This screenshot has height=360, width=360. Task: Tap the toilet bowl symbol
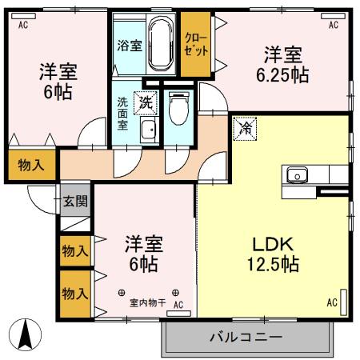178,108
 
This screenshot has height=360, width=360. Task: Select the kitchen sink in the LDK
297,174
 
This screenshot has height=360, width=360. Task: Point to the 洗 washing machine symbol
146,102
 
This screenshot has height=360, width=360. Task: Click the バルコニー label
246,337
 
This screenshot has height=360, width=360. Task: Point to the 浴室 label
130,45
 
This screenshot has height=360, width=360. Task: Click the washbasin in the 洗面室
146,131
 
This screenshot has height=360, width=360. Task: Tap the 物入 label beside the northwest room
31,166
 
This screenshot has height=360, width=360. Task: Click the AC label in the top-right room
333,24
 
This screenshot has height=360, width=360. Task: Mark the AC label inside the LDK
331,302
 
